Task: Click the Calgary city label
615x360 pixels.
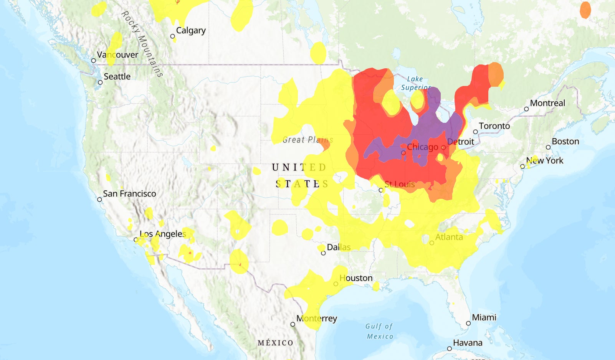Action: pos(191,30)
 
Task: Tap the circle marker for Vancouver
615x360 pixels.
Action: pos(93,61)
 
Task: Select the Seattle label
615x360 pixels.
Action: pos(117,76)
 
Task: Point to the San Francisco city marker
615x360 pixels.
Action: pos(99,200)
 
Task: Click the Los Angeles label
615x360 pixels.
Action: pos(163,234)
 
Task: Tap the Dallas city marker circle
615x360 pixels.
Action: pos(323,253)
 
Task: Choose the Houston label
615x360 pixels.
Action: pos(356,278)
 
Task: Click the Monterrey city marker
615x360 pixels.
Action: pos(293,324)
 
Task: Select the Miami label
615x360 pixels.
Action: pos(484,317)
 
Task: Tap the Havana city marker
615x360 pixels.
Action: pos(449,349)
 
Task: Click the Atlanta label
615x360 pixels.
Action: pos(449,237)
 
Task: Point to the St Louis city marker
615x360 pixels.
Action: pos(381,190)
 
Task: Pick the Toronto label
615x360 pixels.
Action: pos(494,126)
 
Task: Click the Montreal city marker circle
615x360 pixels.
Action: pos(526,109)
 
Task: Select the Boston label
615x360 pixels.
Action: pos(565,141)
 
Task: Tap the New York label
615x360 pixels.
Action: pos(545,160)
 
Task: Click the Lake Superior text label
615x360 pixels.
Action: pos(415,83)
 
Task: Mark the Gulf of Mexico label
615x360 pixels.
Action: pos(379,331)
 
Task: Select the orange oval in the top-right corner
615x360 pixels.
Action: pos(585,10)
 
